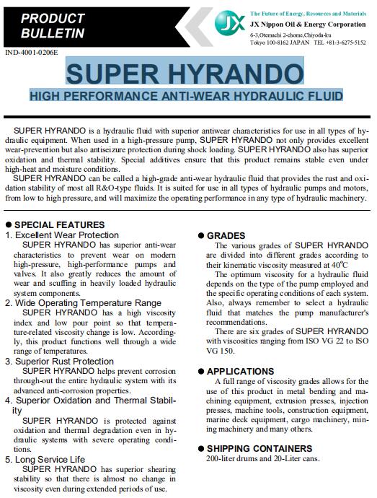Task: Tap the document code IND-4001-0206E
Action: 33,53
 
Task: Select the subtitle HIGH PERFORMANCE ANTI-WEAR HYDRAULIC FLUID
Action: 187,95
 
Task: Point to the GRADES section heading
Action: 226,235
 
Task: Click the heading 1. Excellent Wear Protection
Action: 62,235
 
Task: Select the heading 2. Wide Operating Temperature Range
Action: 84,302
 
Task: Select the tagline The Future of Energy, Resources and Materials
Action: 307,14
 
